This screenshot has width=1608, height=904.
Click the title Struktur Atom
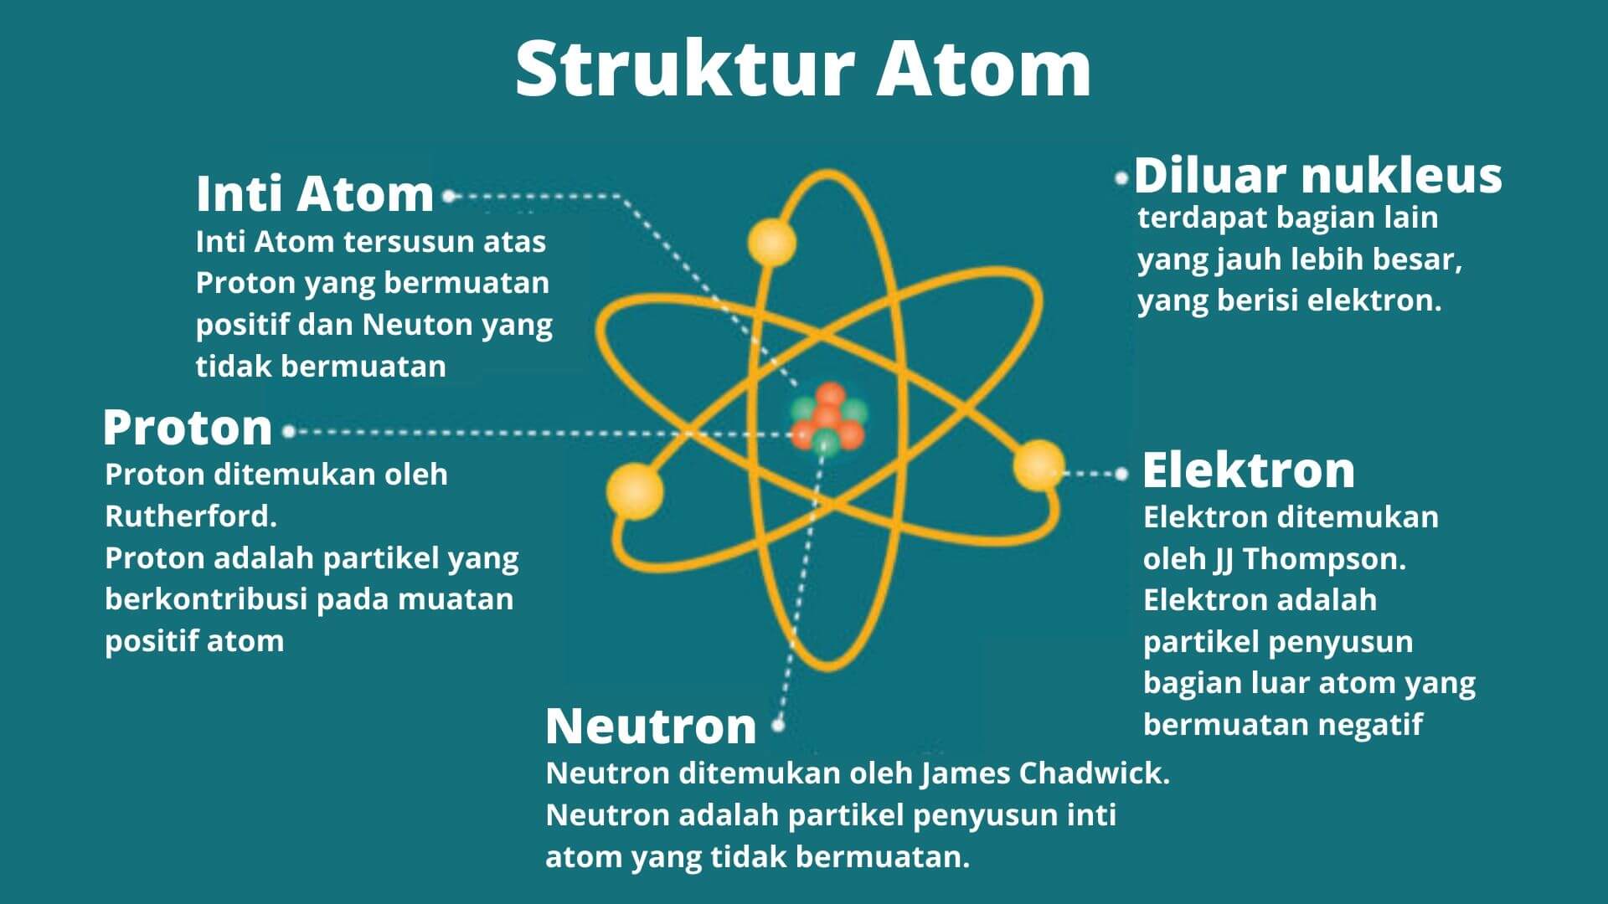click(802, 69)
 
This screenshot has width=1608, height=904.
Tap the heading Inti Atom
click(315, 193)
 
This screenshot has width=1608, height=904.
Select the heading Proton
click(188, 428)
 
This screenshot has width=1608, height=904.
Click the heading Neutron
click(651, 726)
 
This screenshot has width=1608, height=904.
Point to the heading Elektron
click(1248, 470)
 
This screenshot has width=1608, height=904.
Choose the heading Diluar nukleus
click(1317, 176)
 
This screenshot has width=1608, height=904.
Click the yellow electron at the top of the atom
click(771, 242)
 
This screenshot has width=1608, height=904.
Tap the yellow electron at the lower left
click(635, 491)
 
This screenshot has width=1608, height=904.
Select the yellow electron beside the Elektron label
click(1038, 465)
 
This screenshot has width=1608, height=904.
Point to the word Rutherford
click(190, 516)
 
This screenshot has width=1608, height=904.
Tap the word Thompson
click(1323, 559)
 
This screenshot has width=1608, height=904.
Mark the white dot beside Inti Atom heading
click(449, 197)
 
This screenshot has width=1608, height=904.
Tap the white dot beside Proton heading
click(289, 432)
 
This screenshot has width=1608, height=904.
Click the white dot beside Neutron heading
click(778, 726)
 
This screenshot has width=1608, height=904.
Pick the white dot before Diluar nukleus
click(1122, 178)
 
